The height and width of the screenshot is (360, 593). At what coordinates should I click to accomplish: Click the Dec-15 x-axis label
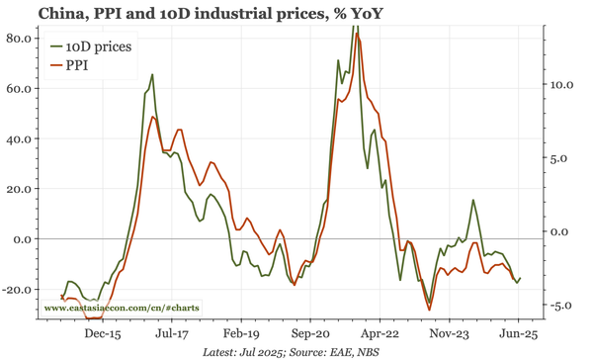pos(103,334)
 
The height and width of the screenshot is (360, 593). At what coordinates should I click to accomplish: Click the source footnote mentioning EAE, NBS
pos(296,351)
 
